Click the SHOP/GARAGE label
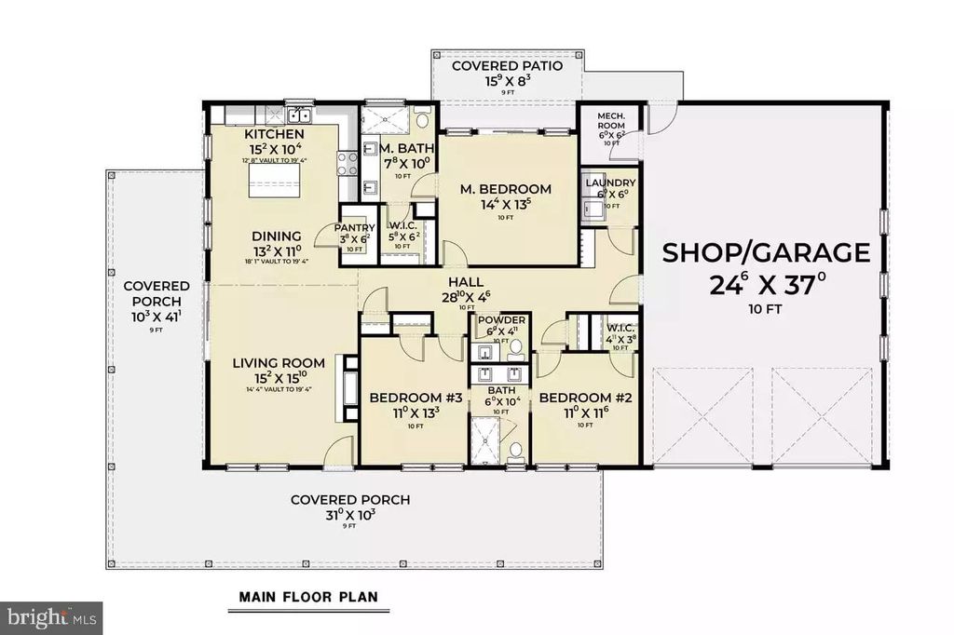click(x=766, y=252)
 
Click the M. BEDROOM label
click(x=506, y=189)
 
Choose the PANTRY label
click(x=355, y=227)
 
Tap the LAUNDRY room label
click(x=610, y=182)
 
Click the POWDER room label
click(x=501, y=320)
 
